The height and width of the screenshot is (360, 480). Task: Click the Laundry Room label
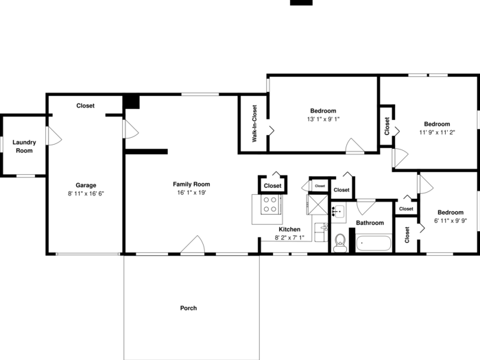click(x=24, y=146)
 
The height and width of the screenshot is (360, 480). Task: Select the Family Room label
click(x=191, y=184)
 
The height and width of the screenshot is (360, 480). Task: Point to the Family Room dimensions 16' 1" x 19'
click(x=191, y=193)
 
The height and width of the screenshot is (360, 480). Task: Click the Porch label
click(x=189, y=308)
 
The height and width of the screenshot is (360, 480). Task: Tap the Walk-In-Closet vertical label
click(x=254, y=123)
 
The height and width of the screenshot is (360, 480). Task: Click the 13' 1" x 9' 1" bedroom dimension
click(x=323, y=119)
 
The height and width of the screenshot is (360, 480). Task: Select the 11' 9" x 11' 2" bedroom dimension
click(x=437, y=132)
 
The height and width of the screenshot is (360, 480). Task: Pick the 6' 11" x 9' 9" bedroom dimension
click(x=451, y=221)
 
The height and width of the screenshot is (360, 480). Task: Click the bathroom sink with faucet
click(x=339, y=211)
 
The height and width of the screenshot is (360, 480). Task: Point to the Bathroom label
click(x=370, y=223)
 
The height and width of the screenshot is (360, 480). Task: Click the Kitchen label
click(x=289, y=229)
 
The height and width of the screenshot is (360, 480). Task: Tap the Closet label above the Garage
click(x=86, y=106)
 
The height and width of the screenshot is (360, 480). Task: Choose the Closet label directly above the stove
click(x=272, y=186)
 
